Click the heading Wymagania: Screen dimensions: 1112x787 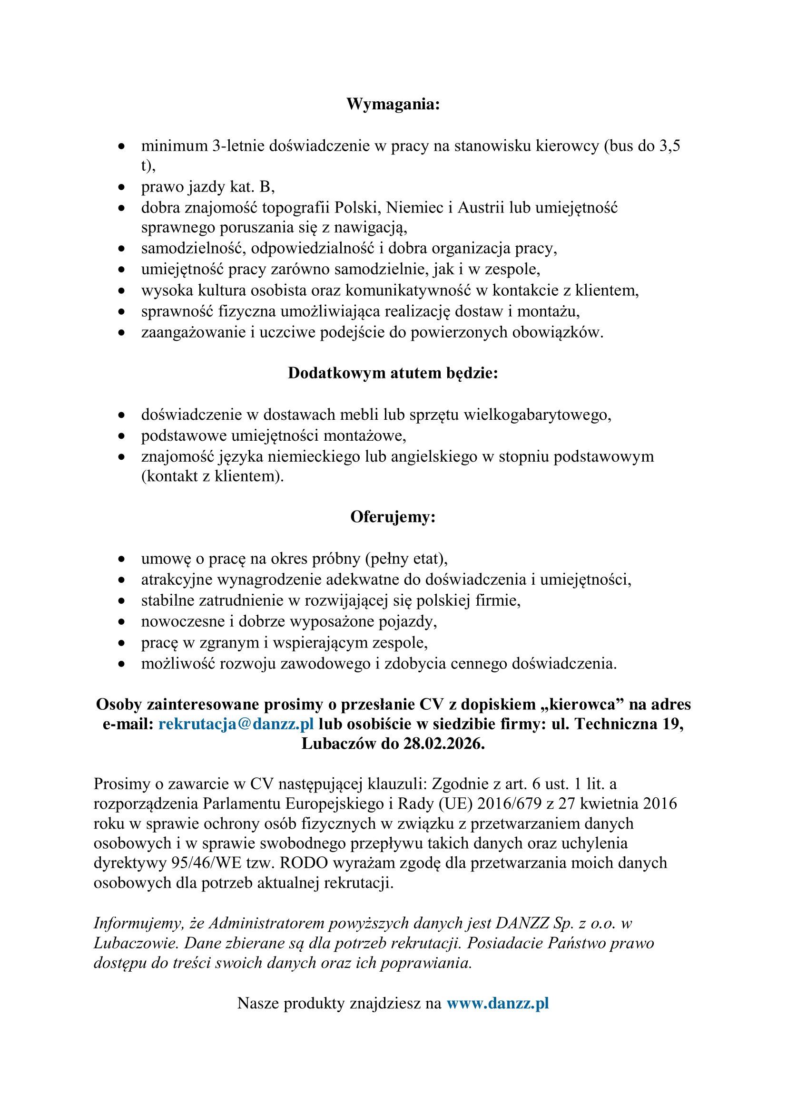coord(393,104)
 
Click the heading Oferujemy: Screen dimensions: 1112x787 coord(393,517)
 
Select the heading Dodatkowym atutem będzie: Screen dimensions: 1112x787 coord(393,373)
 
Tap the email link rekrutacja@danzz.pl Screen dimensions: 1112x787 coord(236,724)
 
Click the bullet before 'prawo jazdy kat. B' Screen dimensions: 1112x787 coord(122,187)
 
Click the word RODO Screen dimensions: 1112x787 coord(304,862)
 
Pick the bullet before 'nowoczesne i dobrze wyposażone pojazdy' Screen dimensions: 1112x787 coord(122,622)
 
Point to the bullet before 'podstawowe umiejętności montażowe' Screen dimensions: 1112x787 coord(122,436)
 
